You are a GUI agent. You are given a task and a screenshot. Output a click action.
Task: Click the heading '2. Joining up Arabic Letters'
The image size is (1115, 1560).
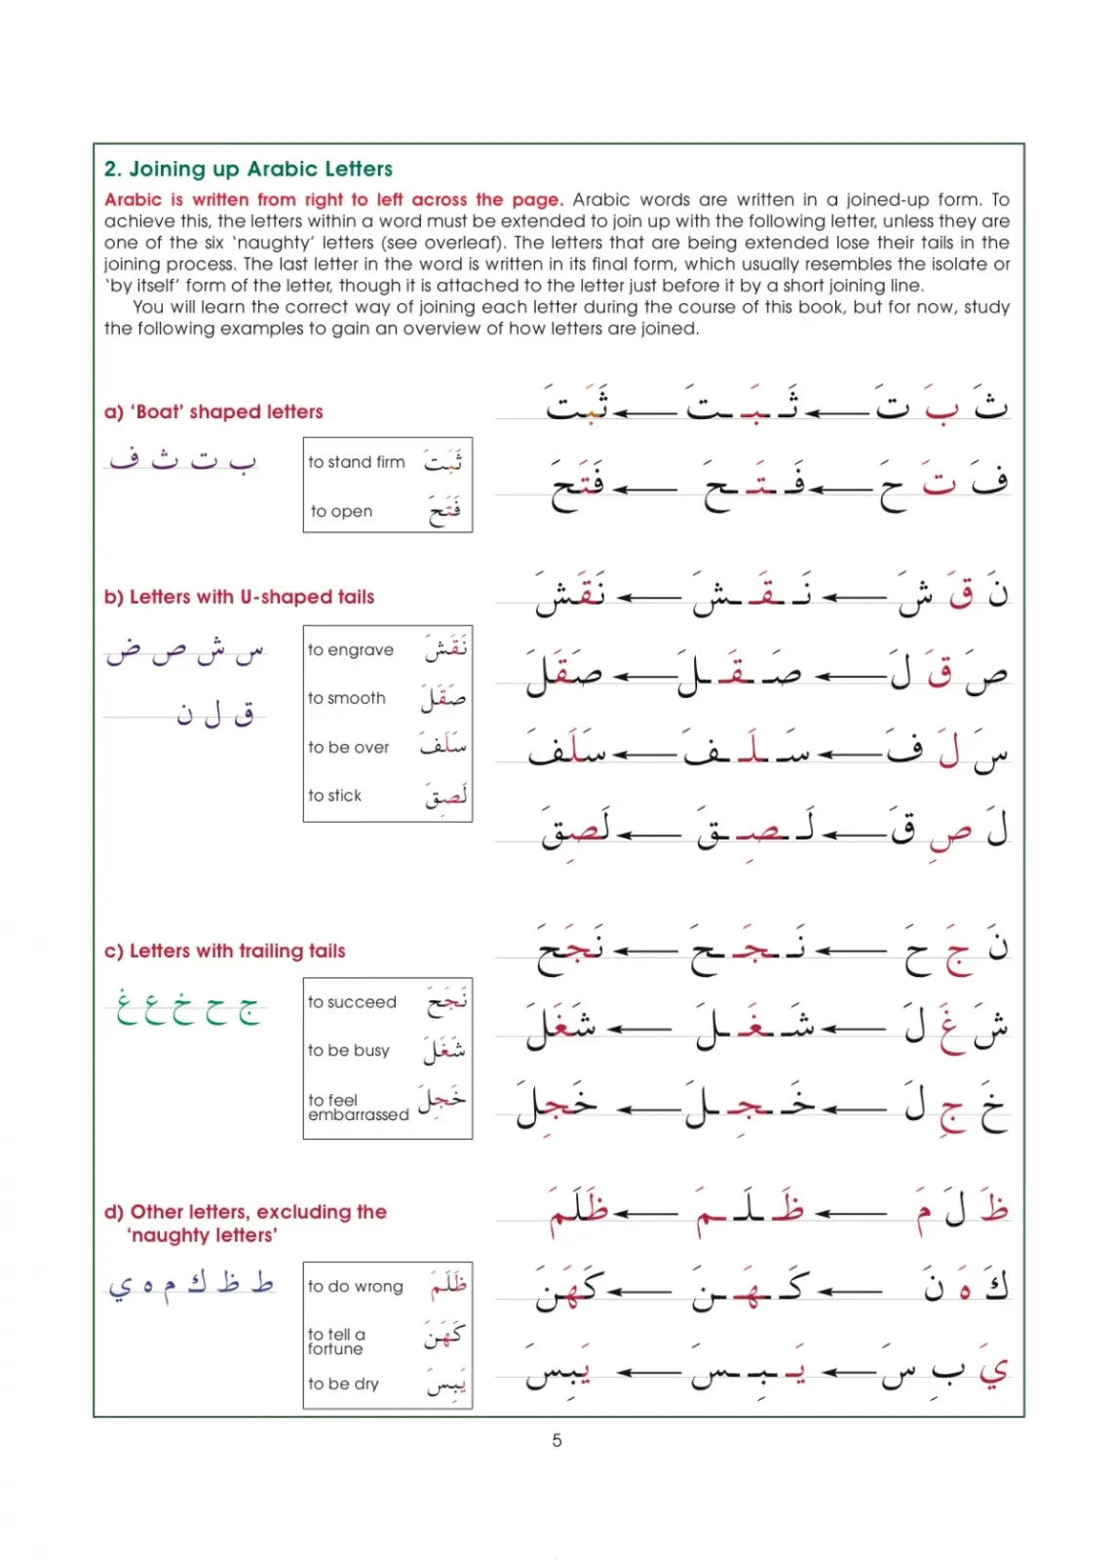(x=249, y=169)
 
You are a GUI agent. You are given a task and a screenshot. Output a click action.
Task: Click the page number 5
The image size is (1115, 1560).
(x=557, y=1440)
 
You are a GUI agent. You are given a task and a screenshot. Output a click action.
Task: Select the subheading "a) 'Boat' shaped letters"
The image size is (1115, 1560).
(x=213, y=411)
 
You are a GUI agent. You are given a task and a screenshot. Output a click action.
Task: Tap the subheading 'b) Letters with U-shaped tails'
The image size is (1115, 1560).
(x=239, y=597)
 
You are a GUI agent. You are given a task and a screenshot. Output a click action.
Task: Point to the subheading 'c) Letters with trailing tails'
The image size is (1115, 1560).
(x=224, y=951)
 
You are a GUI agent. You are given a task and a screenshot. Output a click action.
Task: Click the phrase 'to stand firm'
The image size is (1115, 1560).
(x=356, y=462)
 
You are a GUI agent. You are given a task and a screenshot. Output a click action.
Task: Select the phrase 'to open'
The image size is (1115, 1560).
(x=341, y=511)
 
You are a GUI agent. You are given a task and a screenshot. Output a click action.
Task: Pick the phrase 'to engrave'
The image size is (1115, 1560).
(x=351, y=650)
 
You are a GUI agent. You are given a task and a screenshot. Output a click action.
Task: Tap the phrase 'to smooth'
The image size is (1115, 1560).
(x=347, y=698)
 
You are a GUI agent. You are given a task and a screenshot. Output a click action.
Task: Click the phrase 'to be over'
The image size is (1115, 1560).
(x=348, y=748)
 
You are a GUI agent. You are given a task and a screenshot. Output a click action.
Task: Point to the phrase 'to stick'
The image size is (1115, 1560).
(x=334, y=796)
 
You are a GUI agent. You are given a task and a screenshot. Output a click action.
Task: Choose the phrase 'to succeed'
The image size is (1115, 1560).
(x=352, y=1002)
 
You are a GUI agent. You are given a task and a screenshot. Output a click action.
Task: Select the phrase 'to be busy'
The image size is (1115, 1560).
(x=348, y=1050)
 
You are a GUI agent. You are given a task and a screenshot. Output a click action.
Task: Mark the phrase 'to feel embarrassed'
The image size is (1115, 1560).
(x=357, y=1108)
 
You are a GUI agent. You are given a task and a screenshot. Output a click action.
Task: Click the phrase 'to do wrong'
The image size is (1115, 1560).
(x=355, y=1287)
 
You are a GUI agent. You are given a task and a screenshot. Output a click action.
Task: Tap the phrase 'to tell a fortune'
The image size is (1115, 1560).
(x=336, y=1342)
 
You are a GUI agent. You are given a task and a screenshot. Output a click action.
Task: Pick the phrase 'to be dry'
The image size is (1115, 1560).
(x=343, y=1384)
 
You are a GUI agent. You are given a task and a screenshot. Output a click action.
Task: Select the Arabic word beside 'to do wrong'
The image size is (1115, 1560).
(x=448, y=1285)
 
